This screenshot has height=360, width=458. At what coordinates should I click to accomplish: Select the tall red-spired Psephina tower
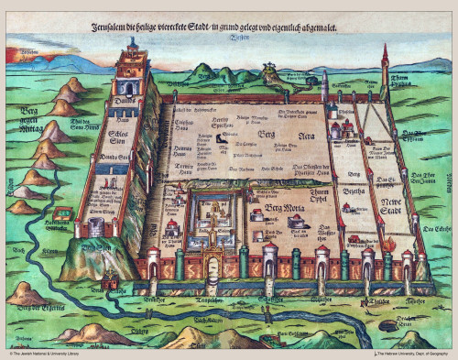pos(385,69)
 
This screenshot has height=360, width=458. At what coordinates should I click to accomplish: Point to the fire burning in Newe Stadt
pos(390,243)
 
